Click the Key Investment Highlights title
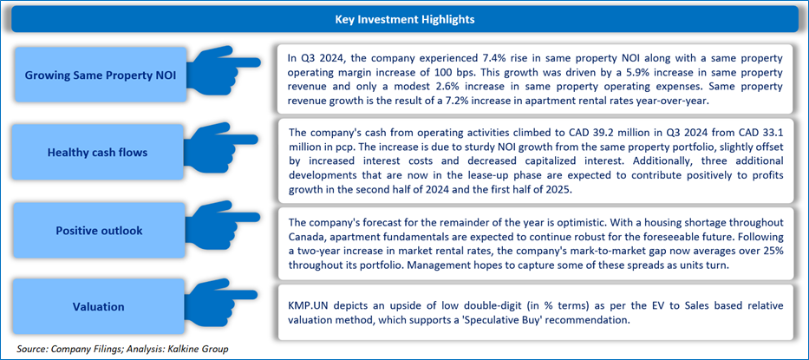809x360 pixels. [x=404, y=20]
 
